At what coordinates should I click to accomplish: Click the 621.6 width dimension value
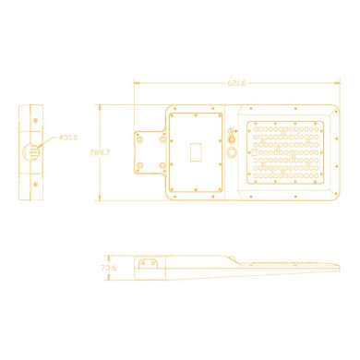pyautogui.click(x=236, y=83)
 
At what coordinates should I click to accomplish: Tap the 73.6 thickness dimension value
pyautogui.click(x=110, y=269)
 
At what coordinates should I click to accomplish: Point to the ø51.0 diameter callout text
pyautogui.click(x=67, y=138)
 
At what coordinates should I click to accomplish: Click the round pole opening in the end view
pyautogui.click(x=34, y=151)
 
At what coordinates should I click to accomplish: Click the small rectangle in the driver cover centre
pyautogui.click(x=195, y=151)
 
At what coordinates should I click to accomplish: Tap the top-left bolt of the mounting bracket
pyautogui.click(x=139, y=136)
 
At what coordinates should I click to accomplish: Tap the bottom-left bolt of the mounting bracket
pyautogui.click(x=139, y=167)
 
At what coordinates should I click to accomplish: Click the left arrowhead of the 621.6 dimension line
pyautogui.click(x=136, y=83)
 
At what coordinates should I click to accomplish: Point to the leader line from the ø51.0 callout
pyautogui.click(x=51, y=142)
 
